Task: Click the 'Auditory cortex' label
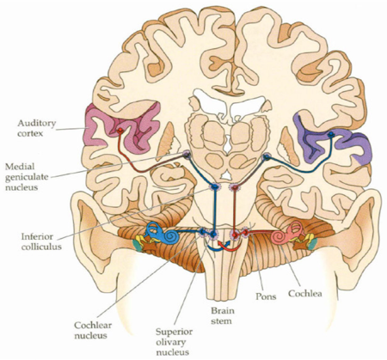pos(36,128)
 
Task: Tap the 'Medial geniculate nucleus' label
pos(27,177)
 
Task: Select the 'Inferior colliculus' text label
pos(41,241)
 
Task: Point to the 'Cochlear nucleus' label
pos(93,330)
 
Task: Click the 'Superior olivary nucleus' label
pos(174,342)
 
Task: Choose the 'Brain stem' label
pos(223,315)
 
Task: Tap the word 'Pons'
pos(266,296)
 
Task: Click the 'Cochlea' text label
pos(305,294)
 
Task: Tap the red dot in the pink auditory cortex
pos(120,131)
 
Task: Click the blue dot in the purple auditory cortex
pos(331,134)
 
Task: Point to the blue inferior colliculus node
pos(214,187)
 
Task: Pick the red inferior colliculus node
pos(235,187)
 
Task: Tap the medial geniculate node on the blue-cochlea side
pos(187,155)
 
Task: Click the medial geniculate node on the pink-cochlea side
pos(267,156)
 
